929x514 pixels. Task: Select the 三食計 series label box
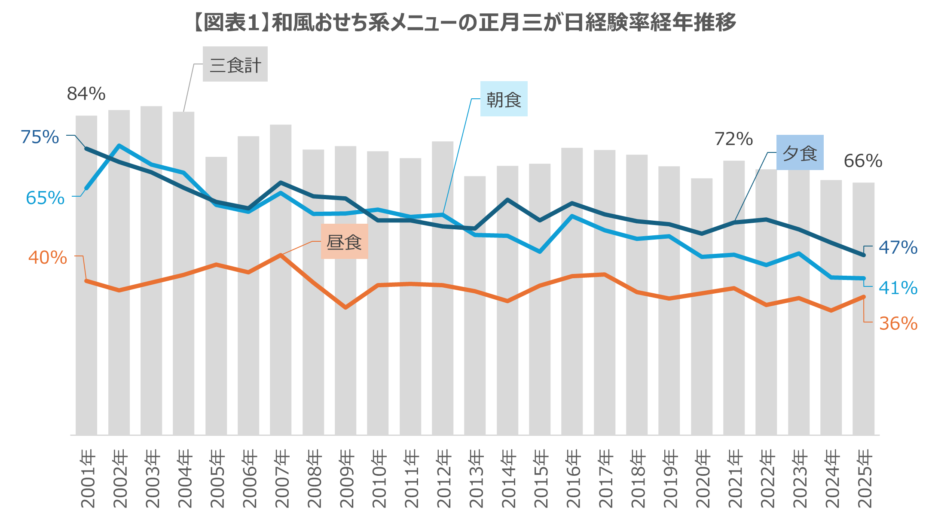(x=235, y=64)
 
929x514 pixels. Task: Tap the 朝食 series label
(x=504, y=99)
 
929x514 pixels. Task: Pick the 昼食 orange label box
(x=344, y=242)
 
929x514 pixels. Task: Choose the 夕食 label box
(x=800, y=153)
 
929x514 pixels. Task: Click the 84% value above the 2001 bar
(x=86, y=94)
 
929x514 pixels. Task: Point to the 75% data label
(x=40, y=137)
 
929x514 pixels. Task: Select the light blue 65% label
(x=45, y=198)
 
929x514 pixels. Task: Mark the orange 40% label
(x=47, y=258)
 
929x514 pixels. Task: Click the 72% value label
(x=733, y=139)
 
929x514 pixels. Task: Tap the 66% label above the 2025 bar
(x=863, y=161)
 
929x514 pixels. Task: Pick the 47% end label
(x=898, y=248)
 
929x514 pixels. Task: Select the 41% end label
(x=898, y=288)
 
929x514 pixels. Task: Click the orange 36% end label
(x=898, y=323)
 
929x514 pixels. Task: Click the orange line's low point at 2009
(x=345, y=307)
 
